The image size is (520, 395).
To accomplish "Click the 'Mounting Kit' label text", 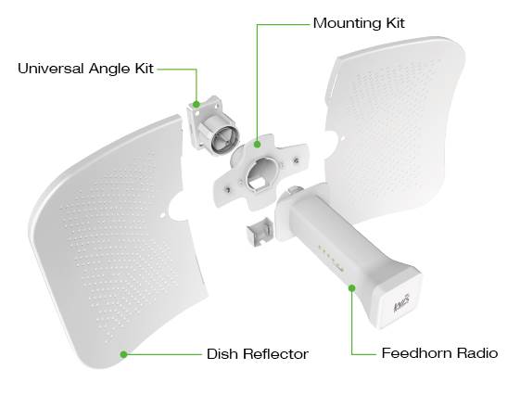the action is point(359,23).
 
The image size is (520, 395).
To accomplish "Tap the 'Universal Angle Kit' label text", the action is point(85,69).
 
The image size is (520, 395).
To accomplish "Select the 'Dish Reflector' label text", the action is point(258,354).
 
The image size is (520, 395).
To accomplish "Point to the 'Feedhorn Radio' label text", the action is point(439,353).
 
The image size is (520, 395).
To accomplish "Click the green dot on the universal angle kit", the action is point(197,105).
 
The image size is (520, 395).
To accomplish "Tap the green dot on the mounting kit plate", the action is point(257,145).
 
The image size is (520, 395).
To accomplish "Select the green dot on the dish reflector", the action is point(123,354).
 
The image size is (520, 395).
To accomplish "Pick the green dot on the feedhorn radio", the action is point(352,287).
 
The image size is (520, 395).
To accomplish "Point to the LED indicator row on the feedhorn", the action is point(330,258).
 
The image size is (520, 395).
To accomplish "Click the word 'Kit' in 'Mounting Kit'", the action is point(396,23).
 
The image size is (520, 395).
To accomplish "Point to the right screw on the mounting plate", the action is point(296,161).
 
